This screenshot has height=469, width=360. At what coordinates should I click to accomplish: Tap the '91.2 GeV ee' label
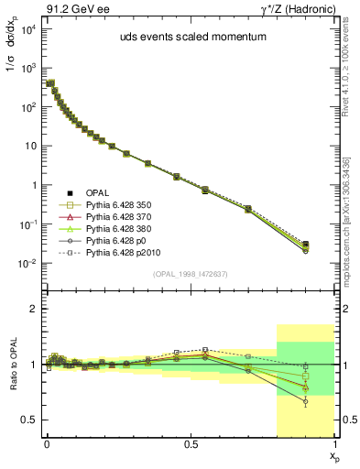pos(70,8)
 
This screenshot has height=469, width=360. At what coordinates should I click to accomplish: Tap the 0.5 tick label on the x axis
pos(190,443)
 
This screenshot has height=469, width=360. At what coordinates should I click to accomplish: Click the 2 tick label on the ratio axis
pos(33,310)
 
